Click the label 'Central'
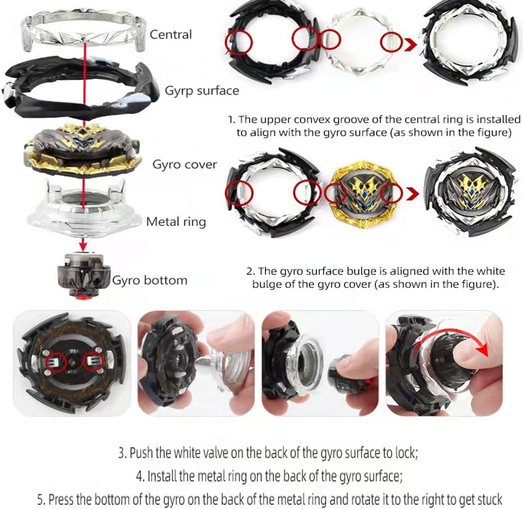tap(171, 34)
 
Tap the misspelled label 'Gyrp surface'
tap(202, 91)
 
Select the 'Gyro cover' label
tap(185, 164)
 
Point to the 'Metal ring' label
tap(176, 222)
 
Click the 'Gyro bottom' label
tap(150, 281)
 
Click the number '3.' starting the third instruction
tap(123, 453)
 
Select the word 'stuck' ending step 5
tap(490, 499)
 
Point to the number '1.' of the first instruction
tap(232, 119)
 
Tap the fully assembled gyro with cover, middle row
tap(470, 193)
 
